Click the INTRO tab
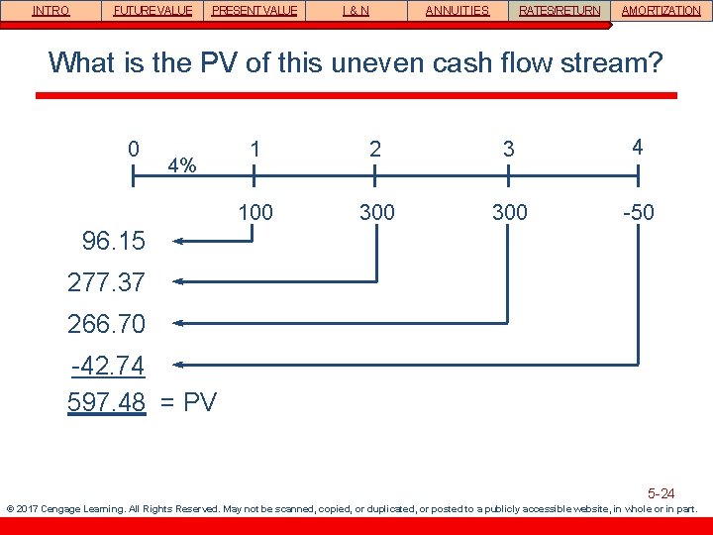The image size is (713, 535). pyautogui.click(x=51, y=11)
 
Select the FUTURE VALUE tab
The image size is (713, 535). pyautogui.click(x=153, y=11)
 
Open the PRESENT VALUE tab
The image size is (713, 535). pyautogui.click(x=255, y=11)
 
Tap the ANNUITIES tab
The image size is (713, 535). pyautogui.click(x=457, y=11)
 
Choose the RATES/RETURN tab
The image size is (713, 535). pyautogui.click(x=560, y=11)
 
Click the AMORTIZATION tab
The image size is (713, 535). pyautogui.click(x=661, y=11)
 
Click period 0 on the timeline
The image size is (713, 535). pyautogui.click(x=134, y=149)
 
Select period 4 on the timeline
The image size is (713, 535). pyautogui.click(x=638, y=147)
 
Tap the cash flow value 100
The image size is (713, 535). pyautogui.click(x=255, y=212)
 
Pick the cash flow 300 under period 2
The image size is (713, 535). pyautogui.click(x=376, y=212)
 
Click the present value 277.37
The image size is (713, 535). pyautogui.click(x=106, y=283)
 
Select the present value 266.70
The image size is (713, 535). pyautogui.click(x=106, y=324)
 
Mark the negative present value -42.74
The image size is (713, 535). pyautogui.click(x=109, y=367)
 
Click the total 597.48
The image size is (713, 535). pyautogui.click(x=106, y=402)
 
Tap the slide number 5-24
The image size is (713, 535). pyautogui.click(x=661, y=493)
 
